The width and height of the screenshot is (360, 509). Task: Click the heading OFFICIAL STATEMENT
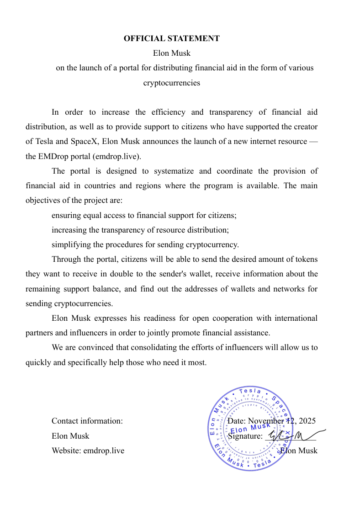(171, 38)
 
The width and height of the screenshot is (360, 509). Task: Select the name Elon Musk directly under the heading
(171, 53)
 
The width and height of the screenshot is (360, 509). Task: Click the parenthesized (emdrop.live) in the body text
(117, 156)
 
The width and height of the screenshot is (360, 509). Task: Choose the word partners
(40, 333)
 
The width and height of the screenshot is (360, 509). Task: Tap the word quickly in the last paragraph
(39, 362)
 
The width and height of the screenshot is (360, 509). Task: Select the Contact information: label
(87, 421)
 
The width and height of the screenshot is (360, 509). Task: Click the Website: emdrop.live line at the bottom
(88, 451)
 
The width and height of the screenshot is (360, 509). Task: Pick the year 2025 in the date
(307, 421)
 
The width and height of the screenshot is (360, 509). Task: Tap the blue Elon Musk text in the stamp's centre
(250, 428)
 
